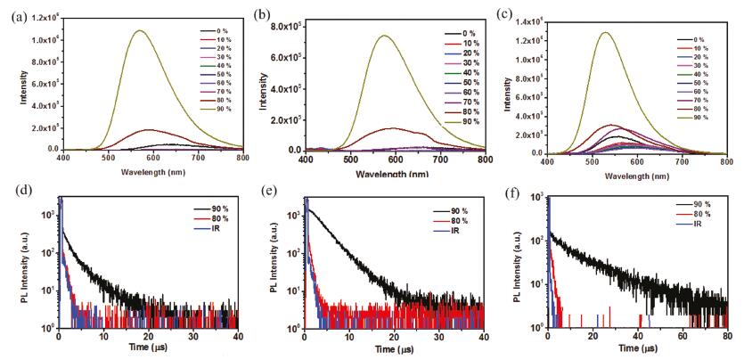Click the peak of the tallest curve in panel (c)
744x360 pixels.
pyautogui.click(x=606, y=32)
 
